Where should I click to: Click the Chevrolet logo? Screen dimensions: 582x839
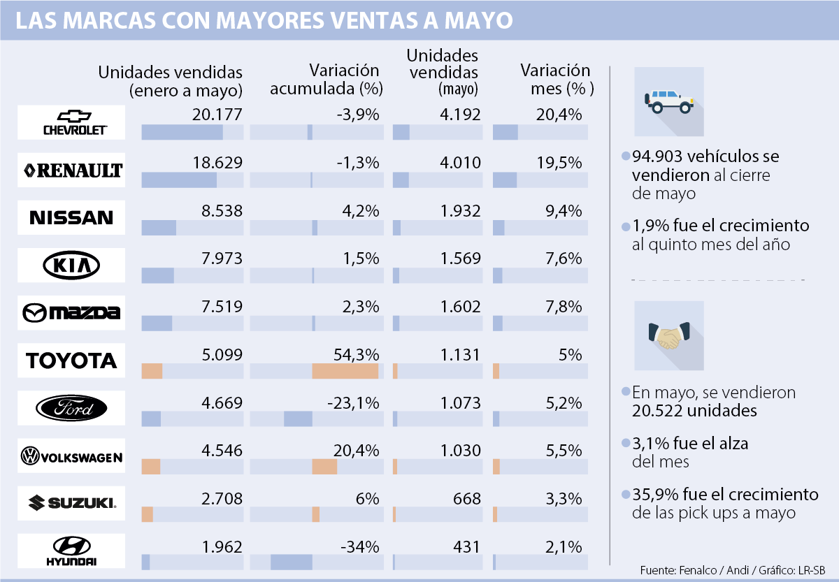[x=71, y=122]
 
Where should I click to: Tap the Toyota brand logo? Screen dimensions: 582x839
[x=71, y=361]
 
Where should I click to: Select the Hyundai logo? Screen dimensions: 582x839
[x=71, y=551]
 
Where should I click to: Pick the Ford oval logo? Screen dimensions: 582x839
[x=71, y=408]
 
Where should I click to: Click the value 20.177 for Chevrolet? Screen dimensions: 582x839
[x=217, y=115]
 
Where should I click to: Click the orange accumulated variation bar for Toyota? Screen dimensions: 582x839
[x=345, y=371]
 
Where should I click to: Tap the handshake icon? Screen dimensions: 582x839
[x=668, y=336]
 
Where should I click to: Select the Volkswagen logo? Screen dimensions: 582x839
[x=71, y=456]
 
